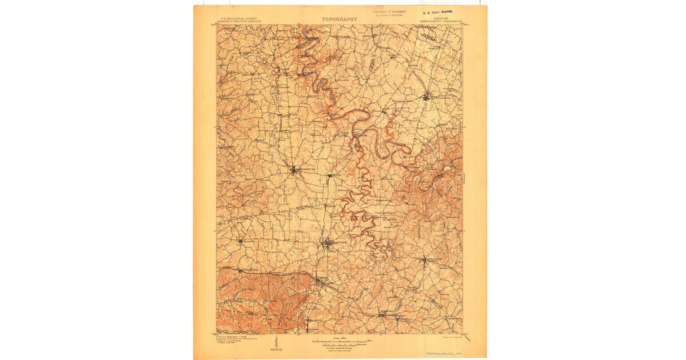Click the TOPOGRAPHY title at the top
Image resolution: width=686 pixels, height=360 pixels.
pos(340,19)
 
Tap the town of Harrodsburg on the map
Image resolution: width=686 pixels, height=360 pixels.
pos(294,170)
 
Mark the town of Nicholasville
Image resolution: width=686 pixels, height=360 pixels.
pos(427,97)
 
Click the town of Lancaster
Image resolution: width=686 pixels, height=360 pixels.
pos(424,260)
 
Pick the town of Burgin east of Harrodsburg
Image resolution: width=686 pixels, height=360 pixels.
pos(330,175)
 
